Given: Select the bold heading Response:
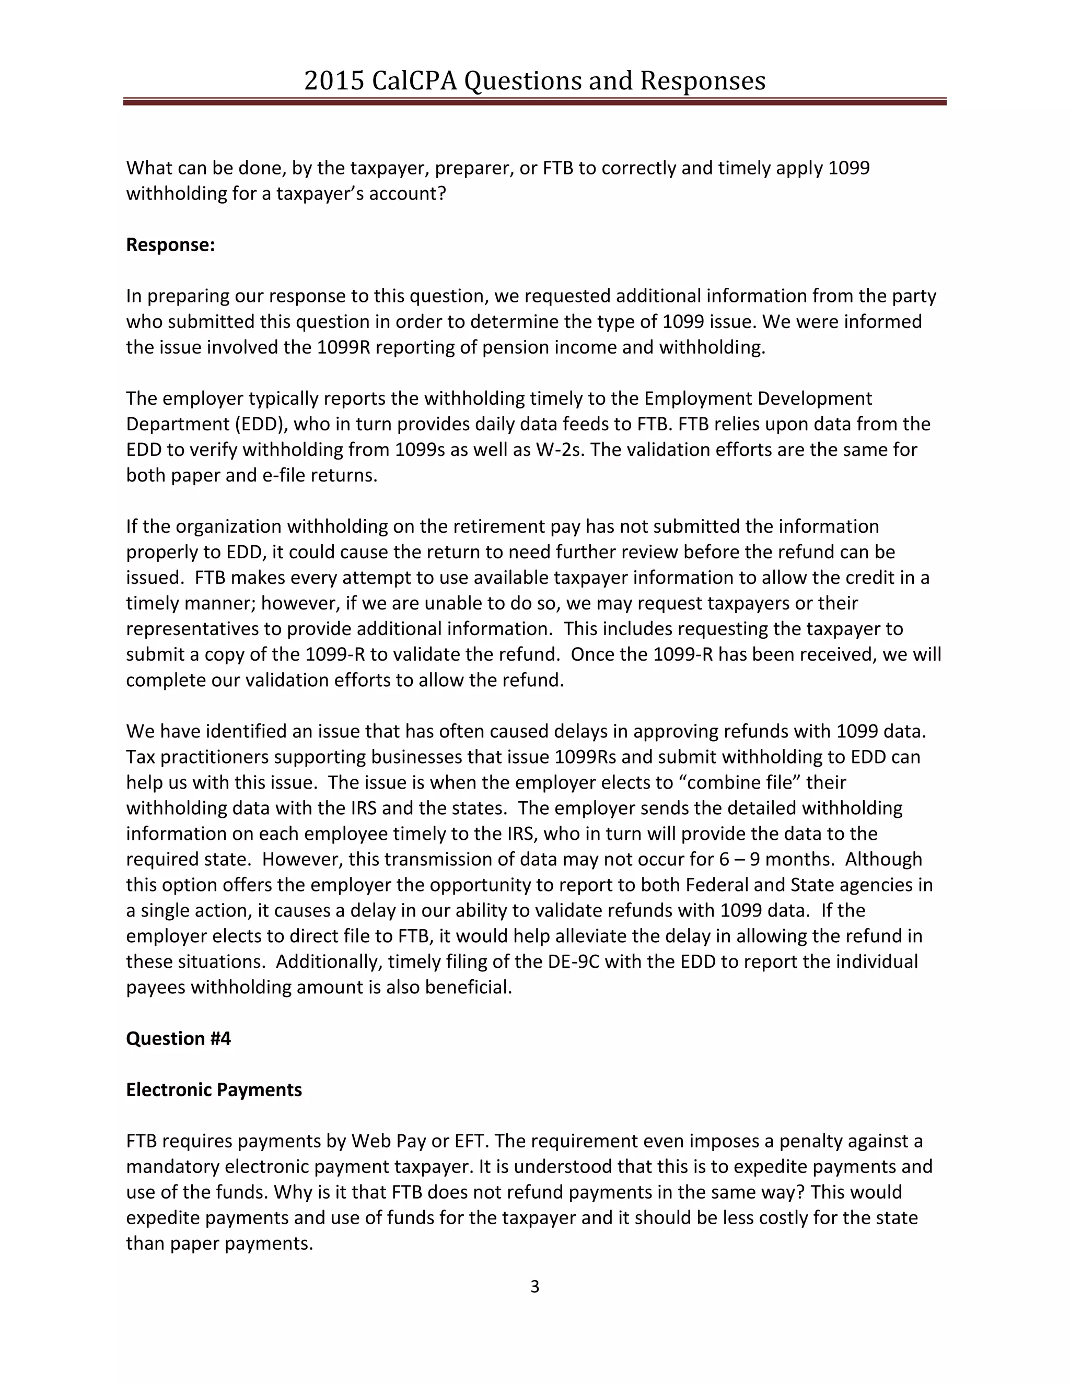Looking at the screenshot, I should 170,244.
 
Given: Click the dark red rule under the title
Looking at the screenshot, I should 534,101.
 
